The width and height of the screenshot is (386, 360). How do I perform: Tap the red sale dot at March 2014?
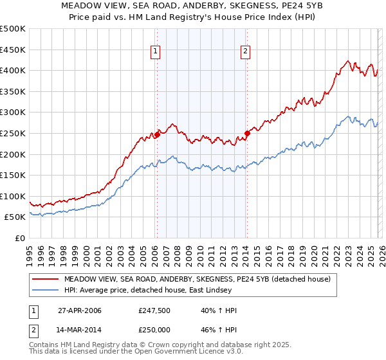click(x=246, y=134)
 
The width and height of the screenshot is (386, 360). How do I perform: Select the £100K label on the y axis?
click(x=14, y=196)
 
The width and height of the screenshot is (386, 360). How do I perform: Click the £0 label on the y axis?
click(x=20, y=238)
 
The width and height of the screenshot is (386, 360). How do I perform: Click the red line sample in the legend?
click(x=45, y=279)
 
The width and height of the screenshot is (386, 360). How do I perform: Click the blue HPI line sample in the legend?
click(x=45, y=291)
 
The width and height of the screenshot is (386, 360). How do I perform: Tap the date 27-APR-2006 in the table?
click(x=80, y=310)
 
